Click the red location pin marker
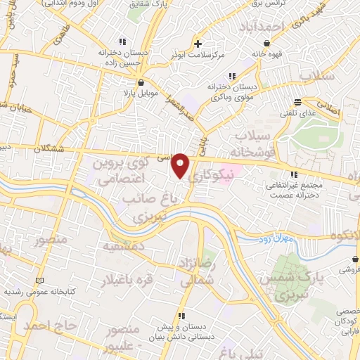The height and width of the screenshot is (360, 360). tap(181, 165)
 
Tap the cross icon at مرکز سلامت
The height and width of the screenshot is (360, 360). tap(199, 44)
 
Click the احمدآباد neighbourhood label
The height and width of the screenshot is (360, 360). tap(260, 27)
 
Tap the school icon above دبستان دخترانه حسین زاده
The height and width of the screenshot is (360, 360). tap(123, 40)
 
